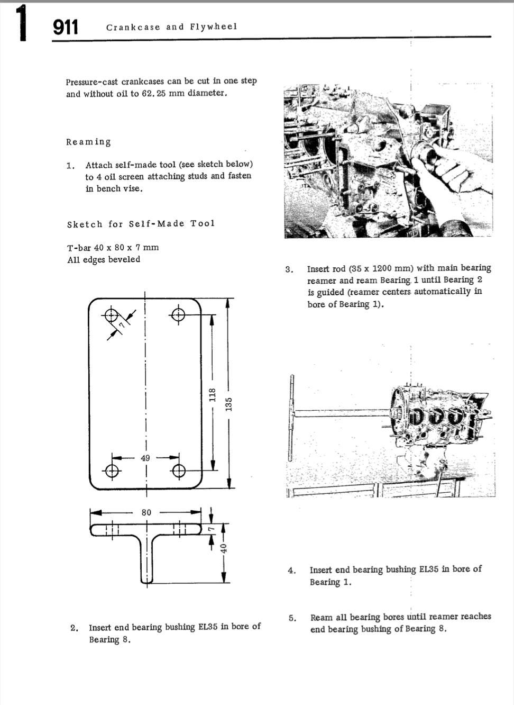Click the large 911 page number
(66, 27)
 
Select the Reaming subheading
(88, 142)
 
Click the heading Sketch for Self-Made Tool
(141, 224)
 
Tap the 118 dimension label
(213, 395)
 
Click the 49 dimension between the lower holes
(145, 458)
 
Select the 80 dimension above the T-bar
(146, 512)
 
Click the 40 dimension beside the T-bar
(224, 548)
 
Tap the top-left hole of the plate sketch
(111, 315)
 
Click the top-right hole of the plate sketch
(179, 315)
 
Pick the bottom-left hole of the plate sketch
(111, 470)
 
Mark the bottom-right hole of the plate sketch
(179, 470)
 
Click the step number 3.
(289, 269)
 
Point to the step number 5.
(292, 618)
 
